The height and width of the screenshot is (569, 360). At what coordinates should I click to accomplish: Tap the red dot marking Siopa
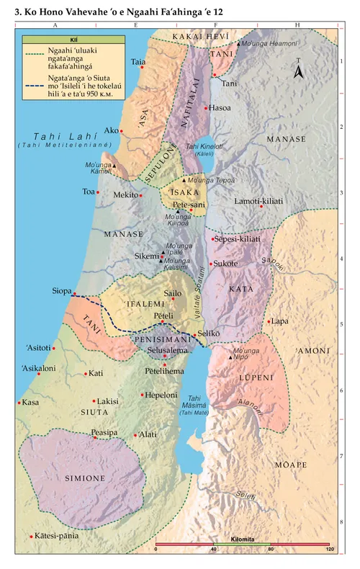click(x=74, y=293)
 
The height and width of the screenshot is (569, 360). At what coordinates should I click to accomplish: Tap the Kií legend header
click(x=63, y=40)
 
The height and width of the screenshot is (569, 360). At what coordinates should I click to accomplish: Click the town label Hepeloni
click(x=161, y=395)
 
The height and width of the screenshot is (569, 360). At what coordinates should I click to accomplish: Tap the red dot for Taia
click(x=143, y=68)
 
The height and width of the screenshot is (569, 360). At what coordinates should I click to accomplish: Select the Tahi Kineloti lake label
click(x=202, y=147)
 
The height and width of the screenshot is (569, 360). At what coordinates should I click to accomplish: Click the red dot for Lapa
click(x=269, y=322)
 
